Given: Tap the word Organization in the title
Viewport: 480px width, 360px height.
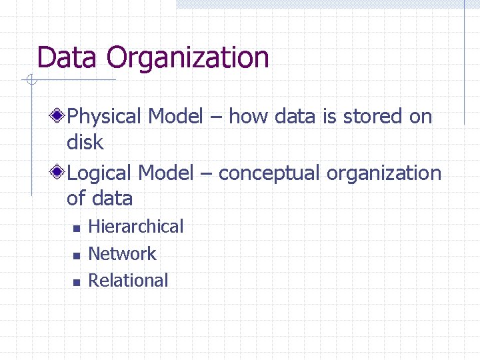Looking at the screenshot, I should [188, 59].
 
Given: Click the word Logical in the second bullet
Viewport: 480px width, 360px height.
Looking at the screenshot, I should [100, 173].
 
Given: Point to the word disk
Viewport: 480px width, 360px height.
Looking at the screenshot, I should [85, 142].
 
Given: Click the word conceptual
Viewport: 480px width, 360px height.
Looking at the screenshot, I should [269, 174].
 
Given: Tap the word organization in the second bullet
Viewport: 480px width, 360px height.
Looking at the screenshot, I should [384, 174].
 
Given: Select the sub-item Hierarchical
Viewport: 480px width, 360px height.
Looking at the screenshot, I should [135, 227].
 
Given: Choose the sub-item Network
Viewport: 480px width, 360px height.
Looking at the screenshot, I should [122, 254].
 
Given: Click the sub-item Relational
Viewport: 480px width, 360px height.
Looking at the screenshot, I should [128, 281].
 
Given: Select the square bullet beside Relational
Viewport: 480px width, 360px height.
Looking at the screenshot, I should [76, 282].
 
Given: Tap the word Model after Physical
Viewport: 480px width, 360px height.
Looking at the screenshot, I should [175, 117].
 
